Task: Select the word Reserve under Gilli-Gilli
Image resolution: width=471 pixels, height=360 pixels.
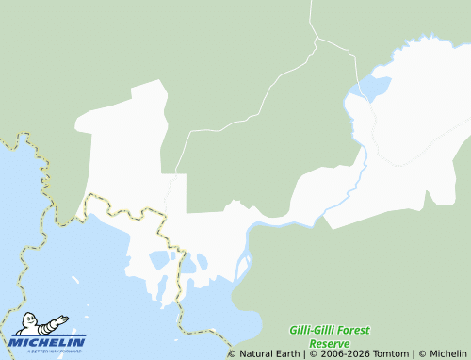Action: tap(329, 344)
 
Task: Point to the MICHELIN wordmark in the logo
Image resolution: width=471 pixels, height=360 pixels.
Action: tap(47, 342)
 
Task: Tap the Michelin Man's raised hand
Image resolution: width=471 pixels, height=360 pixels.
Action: tap(64, 319)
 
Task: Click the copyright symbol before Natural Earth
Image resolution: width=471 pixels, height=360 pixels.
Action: tap(233, 354)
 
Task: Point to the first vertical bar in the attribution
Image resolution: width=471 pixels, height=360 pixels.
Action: tap(304, 354)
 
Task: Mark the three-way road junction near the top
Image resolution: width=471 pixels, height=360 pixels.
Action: tap(317, 39)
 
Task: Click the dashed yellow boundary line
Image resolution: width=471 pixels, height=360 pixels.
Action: tap(122, 205)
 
